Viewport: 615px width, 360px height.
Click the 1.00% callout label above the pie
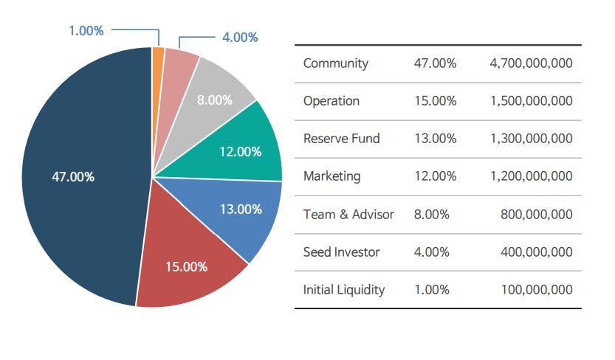pyautogui.click(x=86, y=31)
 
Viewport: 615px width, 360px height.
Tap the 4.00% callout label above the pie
pyautogui.click(x=240, y=37)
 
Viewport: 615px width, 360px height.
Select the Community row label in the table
pyautogui.click(x=335, y=63)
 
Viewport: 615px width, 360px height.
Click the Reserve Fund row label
pyautogui.click(x=341, y=139)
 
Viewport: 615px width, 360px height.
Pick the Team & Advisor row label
pyautogui.click(x=348, y=215)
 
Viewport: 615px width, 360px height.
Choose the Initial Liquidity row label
pyautogui.click(x=344, y=290)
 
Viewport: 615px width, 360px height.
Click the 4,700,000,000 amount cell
pyautogui.click(x=531, y=63)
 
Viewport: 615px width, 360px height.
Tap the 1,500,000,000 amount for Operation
pyautogui.click(x=531, y=101)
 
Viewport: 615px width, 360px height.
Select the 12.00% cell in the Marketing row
pyautogui.click(x=436, y=176)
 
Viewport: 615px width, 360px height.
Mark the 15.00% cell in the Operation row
pyautogui.click(x=436, y=101)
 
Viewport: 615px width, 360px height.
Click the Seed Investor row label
pyautogui.click(x=341, y=252)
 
